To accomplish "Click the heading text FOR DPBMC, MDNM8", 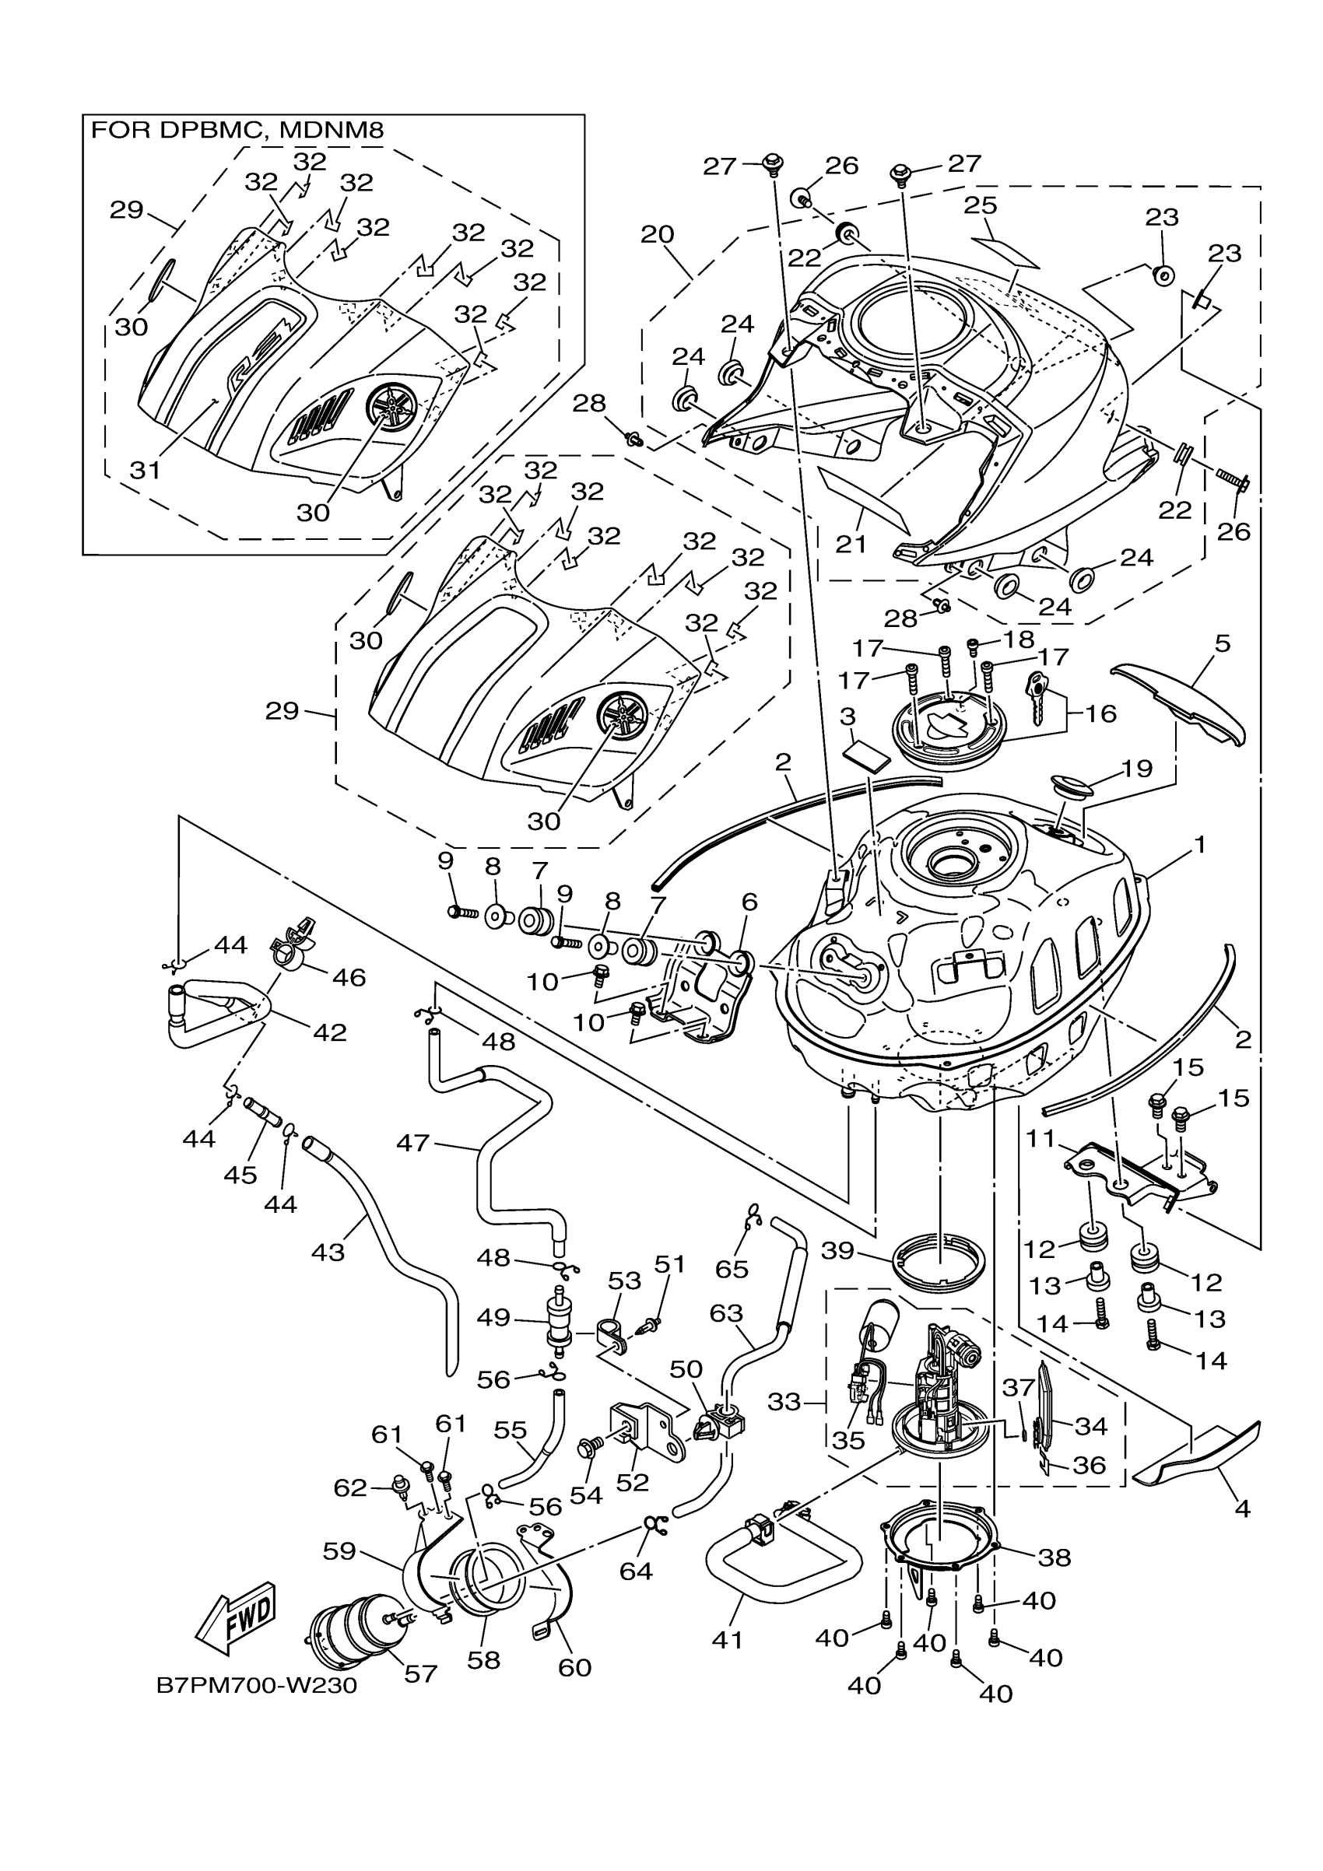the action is coord(237,130).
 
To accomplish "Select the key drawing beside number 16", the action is coord(1038,697).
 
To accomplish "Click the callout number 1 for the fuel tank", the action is coord(1199,844).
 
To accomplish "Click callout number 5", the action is coord(1222,643).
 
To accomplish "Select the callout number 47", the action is coord(412,1143).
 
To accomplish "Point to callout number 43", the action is coord(328,1251).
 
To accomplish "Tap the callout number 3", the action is coord(847,717).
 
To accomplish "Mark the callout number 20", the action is coord(657,234).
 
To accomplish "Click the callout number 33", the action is coord(784,1402).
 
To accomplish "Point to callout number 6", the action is coord(749,902).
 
